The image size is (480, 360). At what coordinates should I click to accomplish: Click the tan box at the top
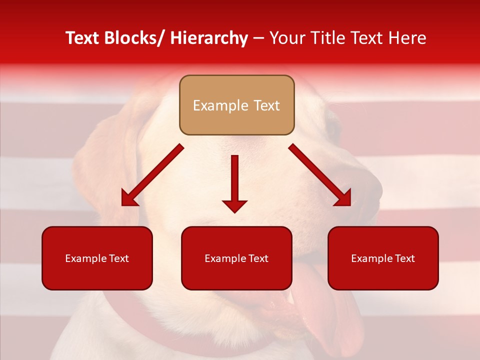pos(236,105)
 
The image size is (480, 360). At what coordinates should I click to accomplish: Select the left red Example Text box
pos(97,258)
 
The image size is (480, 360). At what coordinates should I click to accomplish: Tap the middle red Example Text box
pos(236,258)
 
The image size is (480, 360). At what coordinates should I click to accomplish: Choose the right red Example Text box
pos(383,258)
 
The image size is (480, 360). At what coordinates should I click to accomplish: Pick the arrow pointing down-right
pos(320,175)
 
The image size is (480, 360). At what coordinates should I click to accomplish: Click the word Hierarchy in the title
pos(209,38)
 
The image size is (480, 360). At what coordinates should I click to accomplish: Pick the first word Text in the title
pos(82,38)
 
